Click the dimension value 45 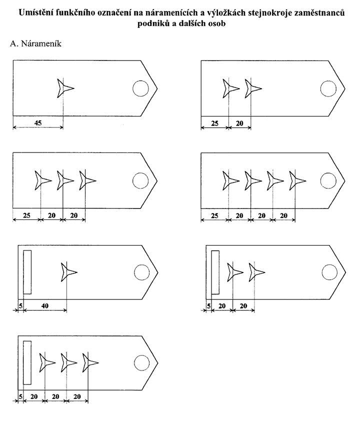click(38, 123)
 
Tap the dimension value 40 click(45, 306)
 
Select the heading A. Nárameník click(35, 43)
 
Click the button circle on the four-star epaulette click(328, 181)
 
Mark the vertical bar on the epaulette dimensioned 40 click(27, 272)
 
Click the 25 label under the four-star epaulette click(214, 215)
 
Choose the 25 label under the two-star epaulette click(214, 123)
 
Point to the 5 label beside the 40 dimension click(20, 306)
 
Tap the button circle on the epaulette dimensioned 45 click(140, 88)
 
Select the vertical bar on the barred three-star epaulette click(27, 362)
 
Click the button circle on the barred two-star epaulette click(329, 272)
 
